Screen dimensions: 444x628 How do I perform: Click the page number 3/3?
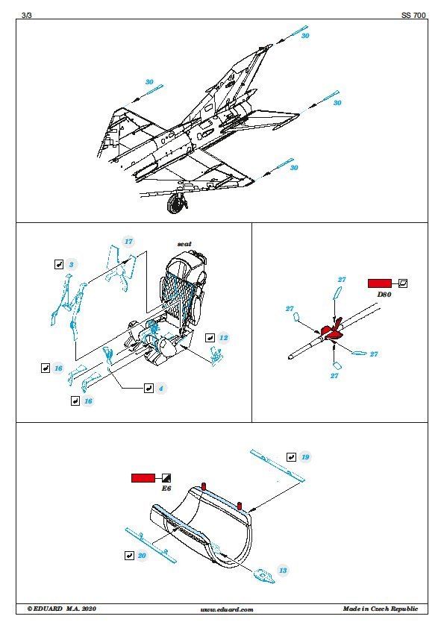click(x=26, y=15)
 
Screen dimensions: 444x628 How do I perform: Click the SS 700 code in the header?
click(x=413, y=15)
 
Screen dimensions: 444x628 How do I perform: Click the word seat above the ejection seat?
click(x=184, y=243)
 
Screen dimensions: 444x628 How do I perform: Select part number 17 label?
click(x=128, y=242)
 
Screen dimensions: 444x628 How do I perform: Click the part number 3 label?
click(x=72, y=264)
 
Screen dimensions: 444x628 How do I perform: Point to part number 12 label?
click(x=223, y=338)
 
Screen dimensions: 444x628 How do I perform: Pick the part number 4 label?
click(x=160, y=388)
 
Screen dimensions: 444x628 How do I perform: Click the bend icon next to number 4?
click(x=148, y=388)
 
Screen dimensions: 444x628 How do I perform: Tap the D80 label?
click(x=384, y=295)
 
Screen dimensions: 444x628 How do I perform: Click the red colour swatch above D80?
click(x=380, y=283)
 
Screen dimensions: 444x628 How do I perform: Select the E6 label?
click(x=166, y=489)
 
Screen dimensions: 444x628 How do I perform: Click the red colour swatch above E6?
click(x=143, y=478)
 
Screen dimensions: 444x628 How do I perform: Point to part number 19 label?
click(x=305, y=457)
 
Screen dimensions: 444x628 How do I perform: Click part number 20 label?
click(x=142, y=556)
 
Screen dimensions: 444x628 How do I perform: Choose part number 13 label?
click(x=283, y=571)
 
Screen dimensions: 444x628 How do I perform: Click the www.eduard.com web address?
click(x=227, y=609)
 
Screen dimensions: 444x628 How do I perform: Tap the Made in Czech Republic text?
click(x=381, y=609)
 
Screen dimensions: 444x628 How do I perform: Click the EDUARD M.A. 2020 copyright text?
click(x=62, y=609)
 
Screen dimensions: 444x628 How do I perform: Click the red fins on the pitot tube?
click(x=330, y=330)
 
